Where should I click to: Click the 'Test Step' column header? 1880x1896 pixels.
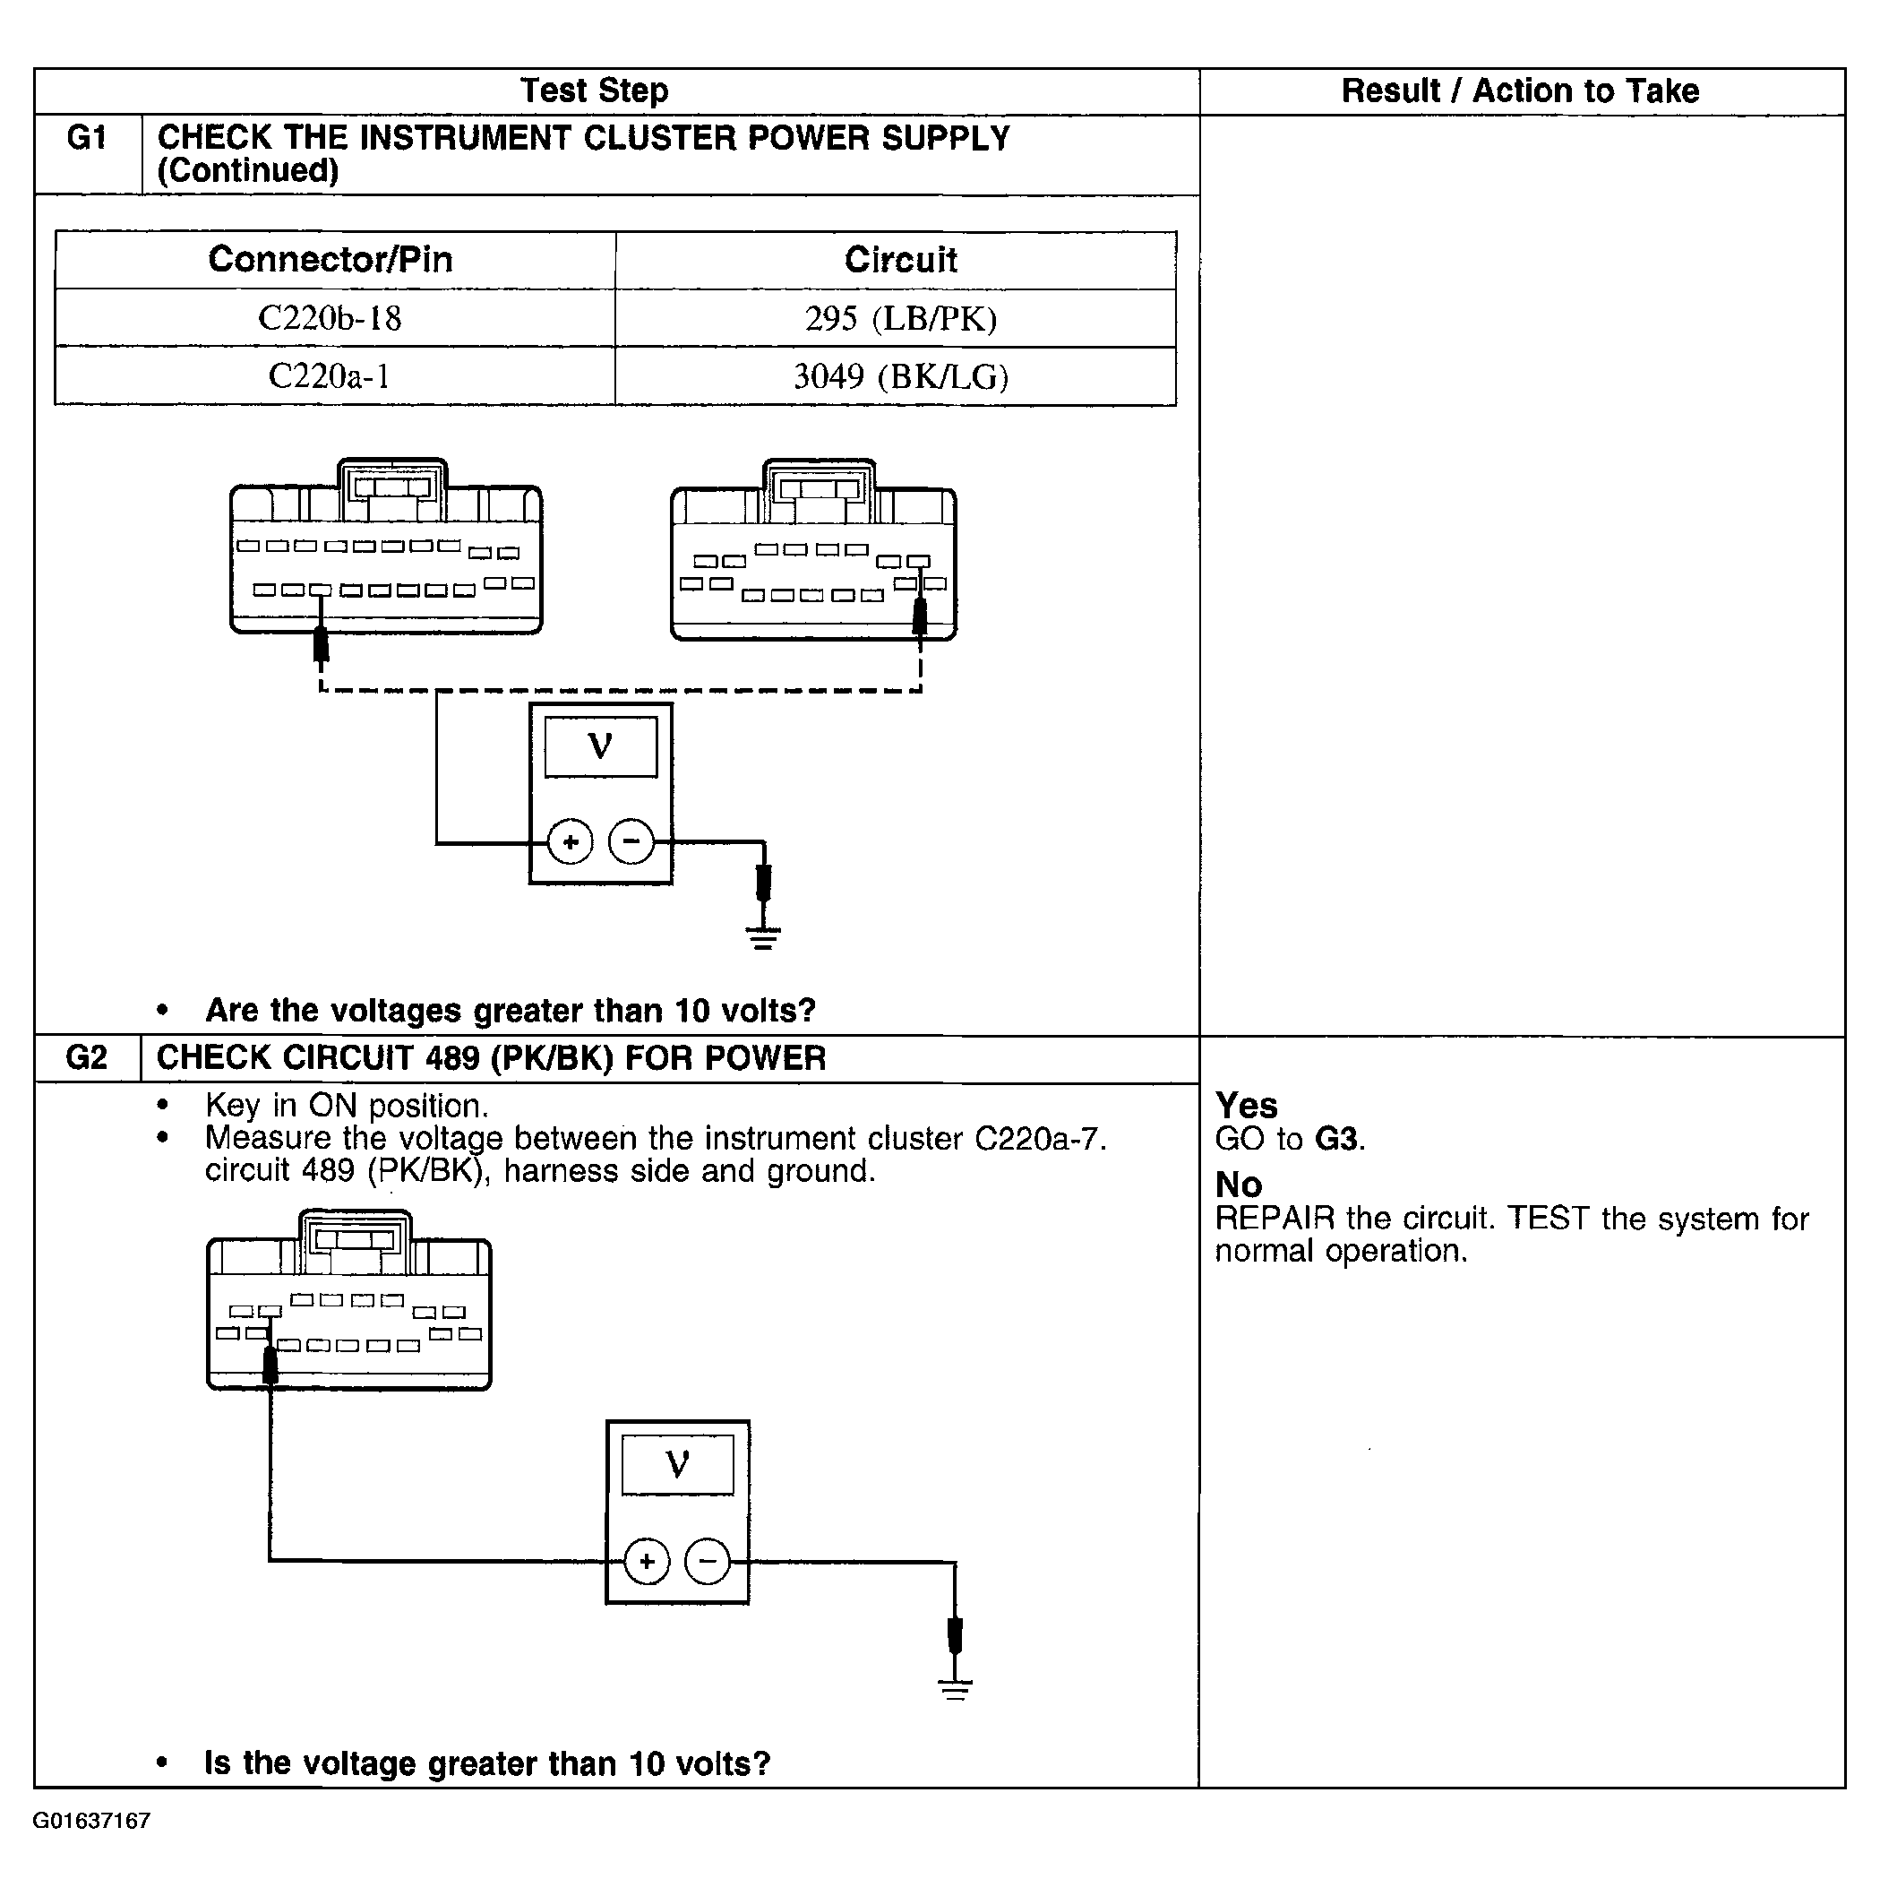point(594,90)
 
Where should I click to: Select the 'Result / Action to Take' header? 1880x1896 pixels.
point(1520,90)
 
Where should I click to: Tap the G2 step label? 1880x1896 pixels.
point(86,1057)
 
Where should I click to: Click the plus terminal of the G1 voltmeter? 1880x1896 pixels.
point(570,842)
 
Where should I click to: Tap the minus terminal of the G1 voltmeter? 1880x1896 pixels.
point(631,841)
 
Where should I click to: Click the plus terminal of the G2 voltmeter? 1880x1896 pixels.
point(647,1560)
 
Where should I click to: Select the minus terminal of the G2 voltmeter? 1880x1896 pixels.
point(708,1559)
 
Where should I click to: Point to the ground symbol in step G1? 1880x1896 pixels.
point(763,937)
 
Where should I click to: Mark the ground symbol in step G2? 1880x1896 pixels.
point(955,1688)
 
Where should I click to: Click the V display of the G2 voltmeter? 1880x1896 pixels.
point(677,1465)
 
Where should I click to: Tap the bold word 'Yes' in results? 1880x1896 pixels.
point(1246,1105)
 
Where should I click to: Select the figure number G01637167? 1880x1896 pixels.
point(91,1822)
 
